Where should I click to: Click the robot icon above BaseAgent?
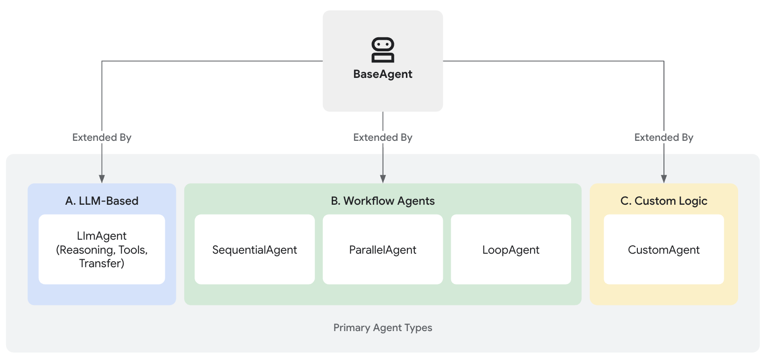(383, 50)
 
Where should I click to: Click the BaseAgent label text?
(383, 74)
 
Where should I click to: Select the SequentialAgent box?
(254, 250)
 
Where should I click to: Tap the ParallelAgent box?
(383, 250)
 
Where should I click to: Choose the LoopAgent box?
(510, 250)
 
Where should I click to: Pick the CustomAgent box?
(663, 250)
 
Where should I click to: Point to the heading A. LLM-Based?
(102, 201)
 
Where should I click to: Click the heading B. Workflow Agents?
(383, 201)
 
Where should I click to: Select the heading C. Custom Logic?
(663, 201)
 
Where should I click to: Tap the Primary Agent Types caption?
(383, 328)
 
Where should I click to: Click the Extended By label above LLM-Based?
(102, 138)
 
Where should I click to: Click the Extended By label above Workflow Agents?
(383, 138)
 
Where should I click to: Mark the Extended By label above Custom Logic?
(663, 138)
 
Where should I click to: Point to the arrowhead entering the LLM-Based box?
(102, 179)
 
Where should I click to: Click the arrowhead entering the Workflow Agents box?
(383, 179)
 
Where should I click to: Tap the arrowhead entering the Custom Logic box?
(663, 179)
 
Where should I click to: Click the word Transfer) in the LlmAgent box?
(102, 263)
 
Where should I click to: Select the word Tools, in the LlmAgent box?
(133, 250)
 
